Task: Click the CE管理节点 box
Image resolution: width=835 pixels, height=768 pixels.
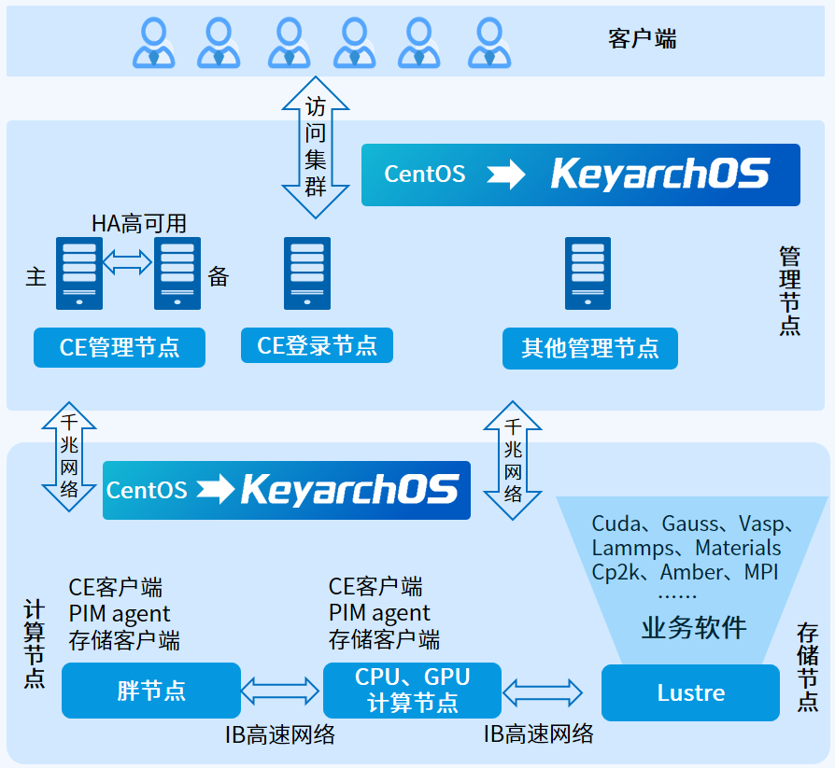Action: tap(120, 347)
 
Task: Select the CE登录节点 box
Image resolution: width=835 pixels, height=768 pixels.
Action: tap(317, 345)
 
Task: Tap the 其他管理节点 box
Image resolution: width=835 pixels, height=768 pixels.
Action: tap(589, 348)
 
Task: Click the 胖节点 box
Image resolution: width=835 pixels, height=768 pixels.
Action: tap(150, 691)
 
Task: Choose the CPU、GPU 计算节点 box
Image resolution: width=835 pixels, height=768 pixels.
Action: tap(412, 691)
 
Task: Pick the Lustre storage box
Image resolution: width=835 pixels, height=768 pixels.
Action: tap(690, 692)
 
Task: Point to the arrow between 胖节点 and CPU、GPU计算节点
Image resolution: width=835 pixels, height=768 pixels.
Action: tap(281, 691)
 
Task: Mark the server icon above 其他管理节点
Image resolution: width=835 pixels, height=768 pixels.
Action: tap(587, 272)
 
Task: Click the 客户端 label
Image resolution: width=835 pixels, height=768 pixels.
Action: tap(642, 39)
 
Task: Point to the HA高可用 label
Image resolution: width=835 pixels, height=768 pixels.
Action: tap(139, 223)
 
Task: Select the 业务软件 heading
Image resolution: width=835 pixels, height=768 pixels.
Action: tap(694, 627)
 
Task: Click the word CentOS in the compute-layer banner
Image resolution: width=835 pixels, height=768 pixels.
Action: tap(147, 490)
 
